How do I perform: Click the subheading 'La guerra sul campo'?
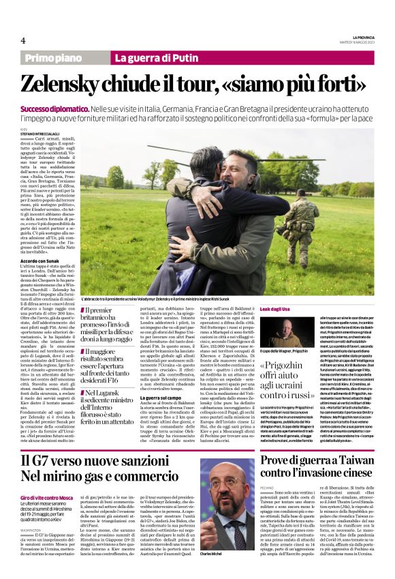click(159, 396)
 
